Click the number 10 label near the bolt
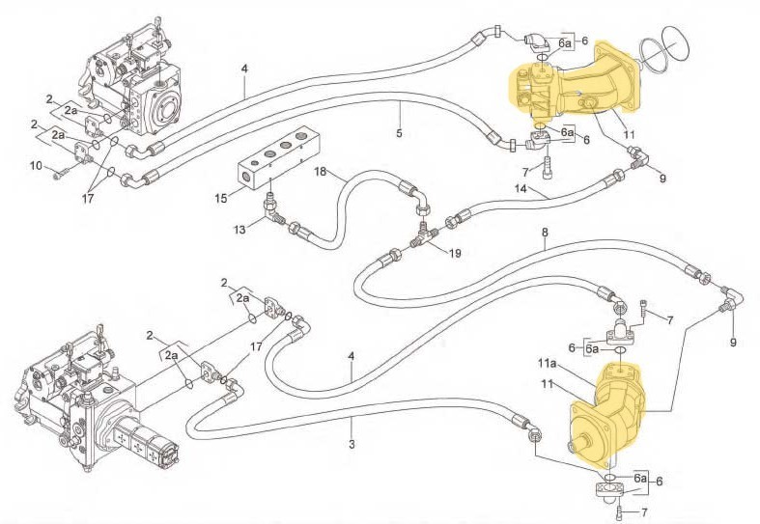point(36,166)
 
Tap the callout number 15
point(220,199)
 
